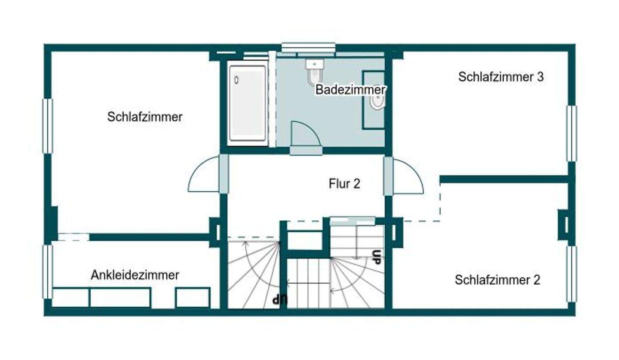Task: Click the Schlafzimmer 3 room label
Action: (501, 77)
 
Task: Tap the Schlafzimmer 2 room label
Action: (497, 280)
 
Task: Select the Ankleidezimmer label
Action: (135, 275)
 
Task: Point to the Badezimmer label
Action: (350, 90)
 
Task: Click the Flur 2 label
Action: (344, 184)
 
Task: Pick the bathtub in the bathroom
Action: (247, 103)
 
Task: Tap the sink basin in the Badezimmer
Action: (377, 101)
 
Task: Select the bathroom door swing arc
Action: (306, 135)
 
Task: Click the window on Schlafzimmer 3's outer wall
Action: (571, 133)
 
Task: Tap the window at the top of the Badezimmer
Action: (308, 47)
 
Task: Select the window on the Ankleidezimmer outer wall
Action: (47, 272)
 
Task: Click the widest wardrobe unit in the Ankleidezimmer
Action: (120, 298)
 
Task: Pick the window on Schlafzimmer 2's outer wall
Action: (571, 274)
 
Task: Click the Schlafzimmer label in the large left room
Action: (145, 117)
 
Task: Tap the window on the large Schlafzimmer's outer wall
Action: (47, 126)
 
